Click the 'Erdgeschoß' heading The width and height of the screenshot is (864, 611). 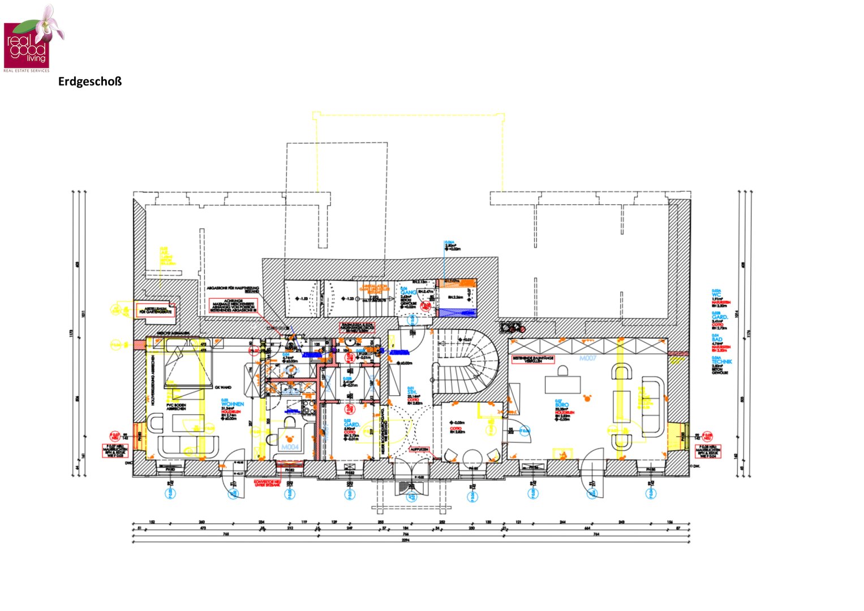point(90,81)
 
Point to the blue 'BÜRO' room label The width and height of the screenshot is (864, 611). point(562,405)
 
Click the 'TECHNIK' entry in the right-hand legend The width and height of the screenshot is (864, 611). point(721,362)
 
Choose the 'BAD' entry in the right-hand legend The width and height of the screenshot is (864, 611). point(717,339)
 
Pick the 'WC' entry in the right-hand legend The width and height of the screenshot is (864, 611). point(716,295)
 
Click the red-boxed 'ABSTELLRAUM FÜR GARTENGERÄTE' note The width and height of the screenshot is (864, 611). point(157,311)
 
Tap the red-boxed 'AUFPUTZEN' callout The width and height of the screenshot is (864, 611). point(419,449)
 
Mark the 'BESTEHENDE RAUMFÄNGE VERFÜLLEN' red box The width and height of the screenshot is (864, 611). point(533,359)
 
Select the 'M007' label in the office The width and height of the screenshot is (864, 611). point(588,358)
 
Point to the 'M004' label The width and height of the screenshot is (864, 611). point(290,448)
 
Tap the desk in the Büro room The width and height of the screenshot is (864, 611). point(562,383)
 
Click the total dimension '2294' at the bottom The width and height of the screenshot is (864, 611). point(405,540)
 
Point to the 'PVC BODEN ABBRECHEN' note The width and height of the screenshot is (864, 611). point(177,406)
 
